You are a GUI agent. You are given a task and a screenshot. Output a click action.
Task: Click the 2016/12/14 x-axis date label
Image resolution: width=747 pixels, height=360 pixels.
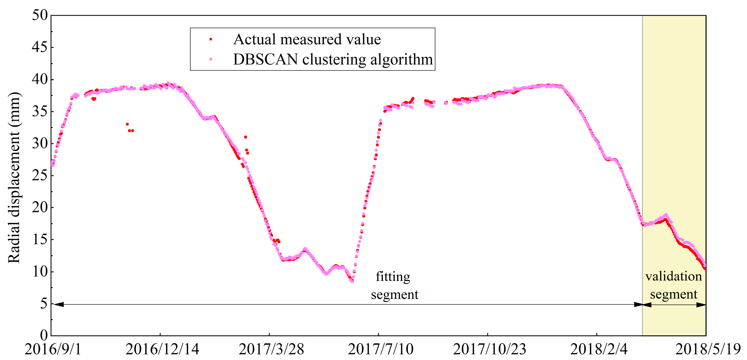(x=162, y=349)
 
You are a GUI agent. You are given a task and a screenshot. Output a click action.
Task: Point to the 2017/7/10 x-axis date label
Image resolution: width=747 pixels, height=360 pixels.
(x=380, y=349)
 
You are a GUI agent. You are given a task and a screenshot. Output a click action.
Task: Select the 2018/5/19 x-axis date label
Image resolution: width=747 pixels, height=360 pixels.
(x=708, y=349)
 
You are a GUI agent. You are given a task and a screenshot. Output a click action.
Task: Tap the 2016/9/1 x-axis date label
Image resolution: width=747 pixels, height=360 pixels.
(x=53, y=349)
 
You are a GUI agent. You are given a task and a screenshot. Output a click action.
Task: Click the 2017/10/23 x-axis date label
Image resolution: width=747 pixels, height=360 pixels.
(x=489, y=349)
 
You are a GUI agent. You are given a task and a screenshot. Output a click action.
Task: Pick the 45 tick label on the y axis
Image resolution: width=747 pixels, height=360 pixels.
(x=40, y=47)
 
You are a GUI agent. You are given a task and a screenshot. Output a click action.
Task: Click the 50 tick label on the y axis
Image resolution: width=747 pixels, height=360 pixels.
(x=40, y=15)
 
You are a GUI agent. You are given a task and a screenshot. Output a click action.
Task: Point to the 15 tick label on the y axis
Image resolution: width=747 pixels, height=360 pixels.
(x=40, y=240)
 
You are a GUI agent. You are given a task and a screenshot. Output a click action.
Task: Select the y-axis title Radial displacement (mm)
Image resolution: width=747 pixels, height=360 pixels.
(x=14, y=177)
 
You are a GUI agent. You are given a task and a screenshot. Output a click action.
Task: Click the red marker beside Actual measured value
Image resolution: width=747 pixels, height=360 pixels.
(x=211, y=39)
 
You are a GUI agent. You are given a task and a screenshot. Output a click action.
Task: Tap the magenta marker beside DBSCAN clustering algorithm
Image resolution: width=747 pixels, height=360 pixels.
(x=211, y=59)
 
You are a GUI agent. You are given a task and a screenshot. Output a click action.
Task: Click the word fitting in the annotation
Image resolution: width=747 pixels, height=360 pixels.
(x=393, y=277)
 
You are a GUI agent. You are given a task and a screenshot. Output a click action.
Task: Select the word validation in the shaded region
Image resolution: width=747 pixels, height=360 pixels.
(x=673, y=277)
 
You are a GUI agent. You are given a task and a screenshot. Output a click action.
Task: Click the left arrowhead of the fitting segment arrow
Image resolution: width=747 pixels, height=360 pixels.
(x=58, y=304)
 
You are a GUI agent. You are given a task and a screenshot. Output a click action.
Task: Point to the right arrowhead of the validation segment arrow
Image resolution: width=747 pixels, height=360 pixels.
(x=702, y=305)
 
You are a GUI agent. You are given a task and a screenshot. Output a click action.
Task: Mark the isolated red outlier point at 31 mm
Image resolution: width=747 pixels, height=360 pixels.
(x=246, y=137)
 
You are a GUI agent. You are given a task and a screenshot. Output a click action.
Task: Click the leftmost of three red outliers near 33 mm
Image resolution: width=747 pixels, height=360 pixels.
(x=127, y=124)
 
